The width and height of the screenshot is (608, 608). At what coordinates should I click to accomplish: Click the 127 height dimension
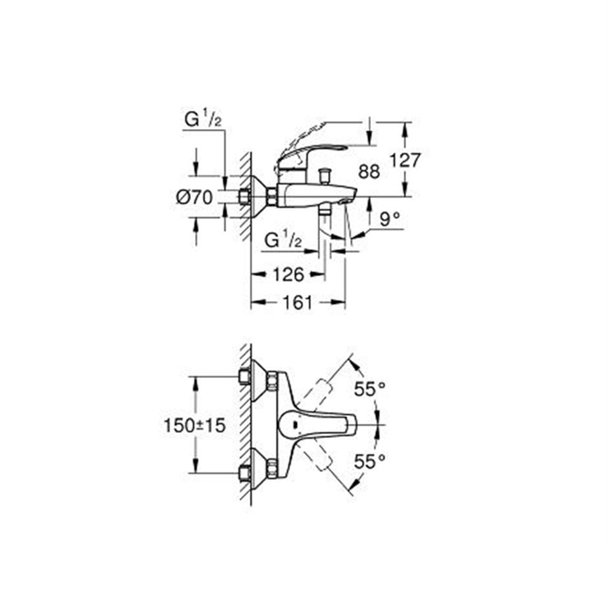[x=405, y=161]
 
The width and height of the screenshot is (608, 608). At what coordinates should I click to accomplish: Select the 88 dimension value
[x=369, y=172]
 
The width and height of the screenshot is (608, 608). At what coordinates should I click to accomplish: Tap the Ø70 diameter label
[x=194, y=197]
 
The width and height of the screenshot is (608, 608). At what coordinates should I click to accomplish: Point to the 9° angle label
[x=388, y=219]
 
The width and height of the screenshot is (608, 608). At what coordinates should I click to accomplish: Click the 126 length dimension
[x=287, y=275]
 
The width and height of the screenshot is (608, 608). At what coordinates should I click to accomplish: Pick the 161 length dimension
[x=298, y=302]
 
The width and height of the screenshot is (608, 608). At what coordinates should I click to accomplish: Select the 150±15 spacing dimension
[x=195, y=425]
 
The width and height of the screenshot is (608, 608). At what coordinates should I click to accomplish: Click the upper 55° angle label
[x=369, y=389]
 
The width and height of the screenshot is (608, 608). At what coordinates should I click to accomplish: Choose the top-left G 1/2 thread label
[x=203, y=121]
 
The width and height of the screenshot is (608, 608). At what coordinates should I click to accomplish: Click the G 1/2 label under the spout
[x=283, y=241]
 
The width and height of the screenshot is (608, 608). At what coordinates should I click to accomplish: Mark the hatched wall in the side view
[x=246, y=197]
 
